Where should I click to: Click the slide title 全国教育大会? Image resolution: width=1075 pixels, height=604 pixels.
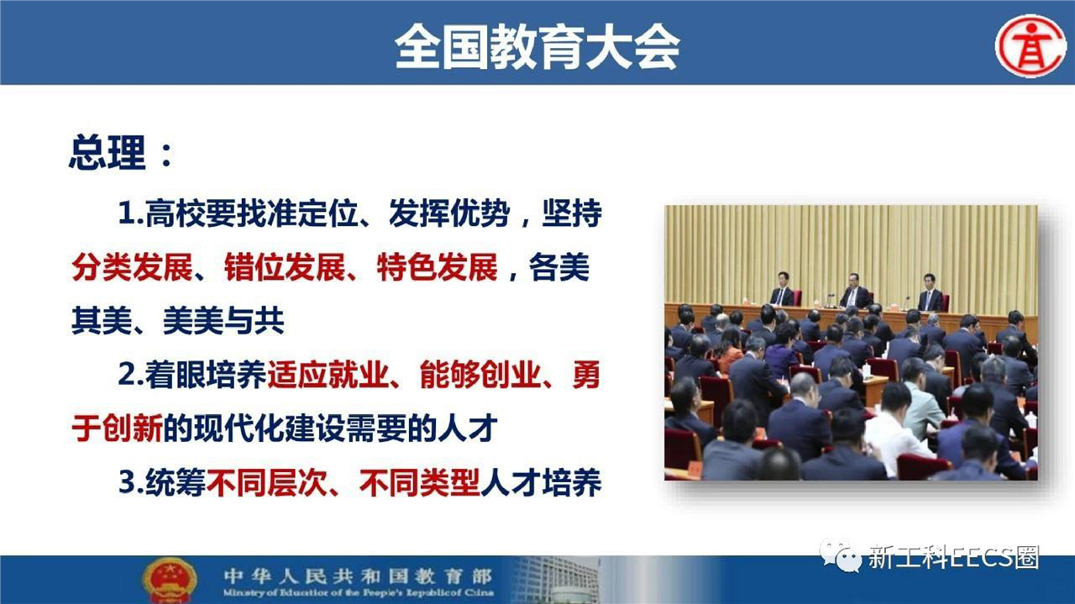point(537,47)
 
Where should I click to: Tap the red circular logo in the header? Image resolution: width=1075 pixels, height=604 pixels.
point(1030,46)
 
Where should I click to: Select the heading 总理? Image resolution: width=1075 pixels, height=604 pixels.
point(107,152)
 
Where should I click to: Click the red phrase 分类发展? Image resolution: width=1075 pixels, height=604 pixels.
point(133,267)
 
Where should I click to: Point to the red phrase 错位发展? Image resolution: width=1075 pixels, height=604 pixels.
point(285,267)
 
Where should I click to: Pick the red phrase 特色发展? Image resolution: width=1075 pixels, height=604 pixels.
point(438,267)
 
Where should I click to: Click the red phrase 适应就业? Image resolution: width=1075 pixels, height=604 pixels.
point(328,375)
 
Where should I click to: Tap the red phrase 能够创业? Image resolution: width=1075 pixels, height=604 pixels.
point(480,375)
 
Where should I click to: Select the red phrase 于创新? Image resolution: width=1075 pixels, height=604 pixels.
point(117,428)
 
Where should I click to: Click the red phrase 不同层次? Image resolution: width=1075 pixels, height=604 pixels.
point(267,482)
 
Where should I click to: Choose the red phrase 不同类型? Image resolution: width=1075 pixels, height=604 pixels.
point(419,482)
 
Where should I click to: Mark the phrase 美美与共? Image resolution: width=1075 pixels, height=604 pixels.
point(223,321)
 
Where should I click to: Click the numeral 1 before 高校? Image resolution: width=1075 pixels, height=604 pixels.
point(127,213)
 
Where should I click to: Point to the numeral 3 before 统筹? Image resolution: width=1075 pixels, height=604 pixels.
point(126,482)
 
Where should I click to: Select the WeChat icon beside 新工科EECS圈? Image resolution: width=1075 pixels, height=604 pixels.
point(841,557)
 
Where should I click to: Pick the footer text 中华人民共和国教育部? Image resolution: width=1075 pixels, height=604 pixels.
point(358,575)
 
